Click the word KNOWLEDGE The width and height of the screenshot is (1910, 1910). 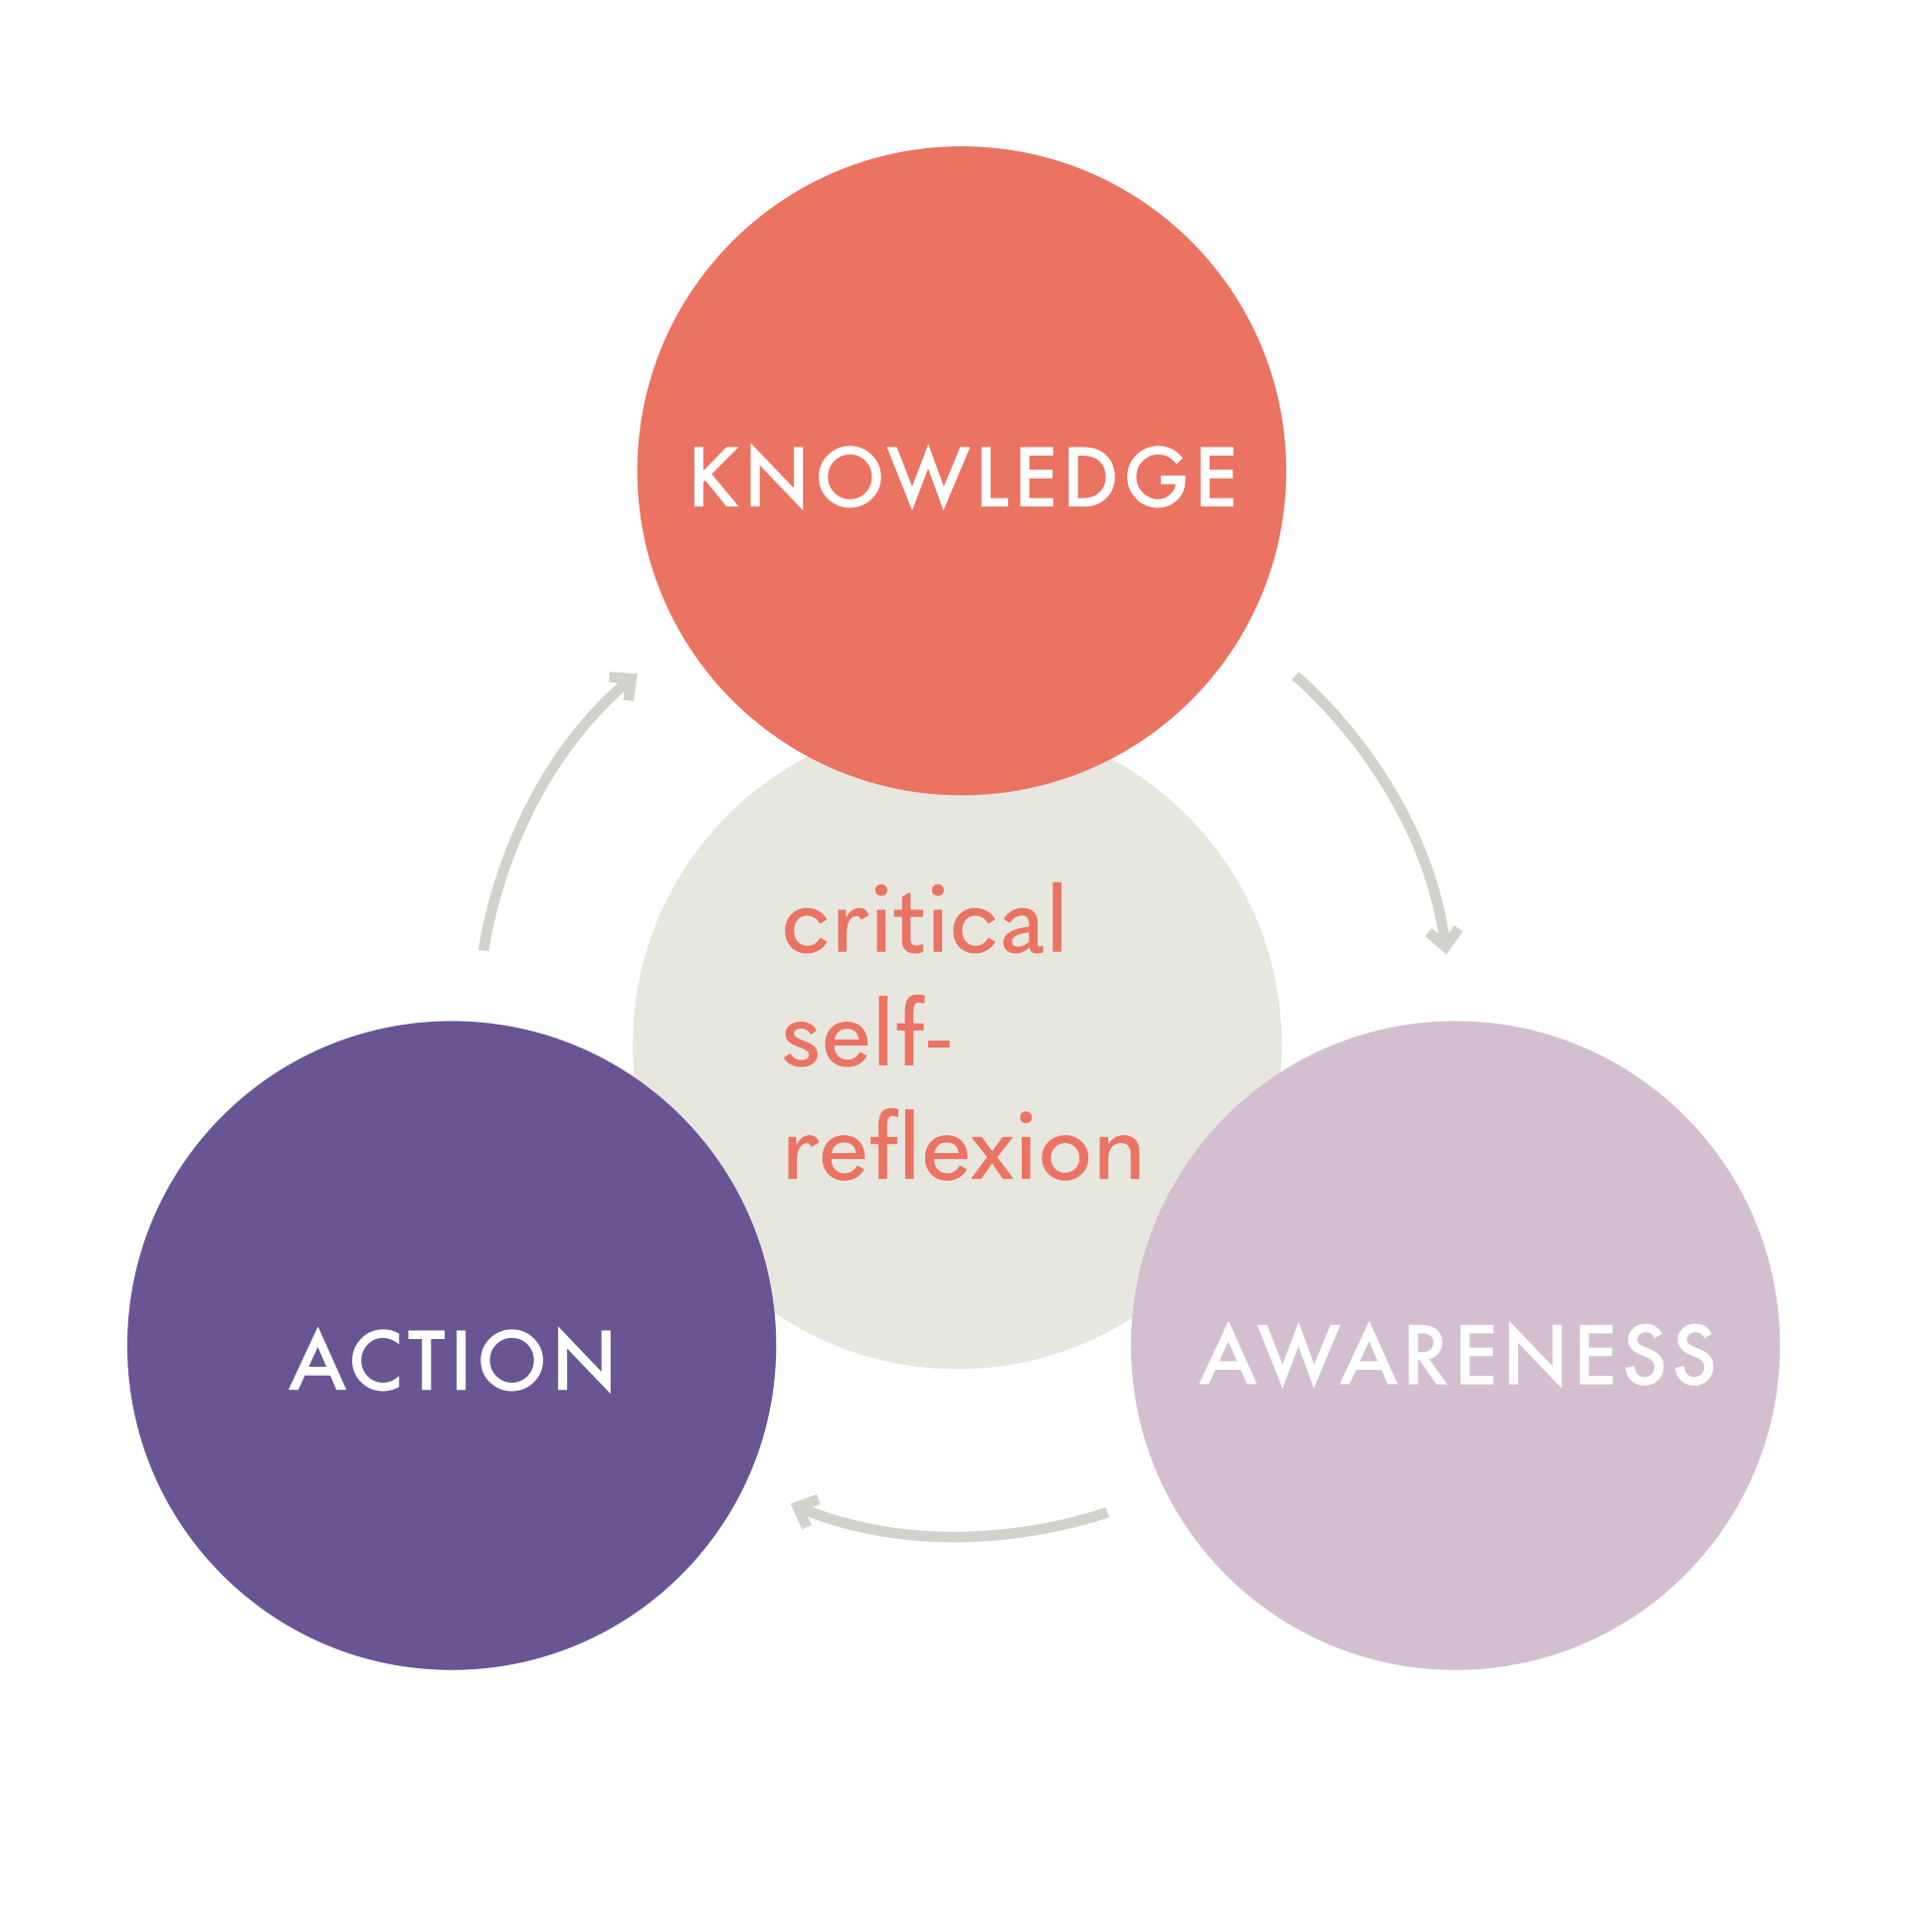[963, 477]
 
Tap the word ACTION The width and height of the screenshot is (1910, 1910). [452, 1360]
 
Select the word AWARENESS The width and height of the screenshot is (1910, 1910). [1457, 1354]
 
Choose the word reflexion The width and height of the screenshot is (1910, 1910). [962, 1150]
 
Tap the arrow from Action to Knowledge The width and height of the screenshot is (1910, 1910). [537, 796]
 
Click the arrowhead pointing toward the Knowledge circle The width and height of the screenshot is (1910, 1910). [626, 684]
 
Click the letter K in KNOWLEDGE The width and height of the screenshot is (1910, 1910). [713, 477]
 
